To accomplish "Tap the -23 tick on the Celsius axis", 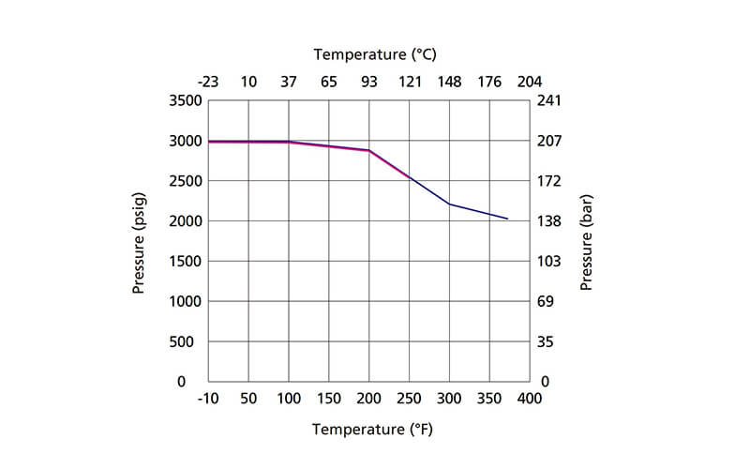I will tap(208, 82).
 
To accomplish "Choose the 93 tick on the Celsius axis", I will tap(369, 82).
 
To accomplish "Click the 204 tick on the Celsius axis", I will tap(530, 82).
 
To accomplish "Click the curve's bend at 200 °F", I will tap(369, 150).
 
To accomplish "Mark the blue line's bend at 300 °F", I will tap(450, 204).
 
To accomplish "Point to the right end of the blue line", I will tap(507, 219).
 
